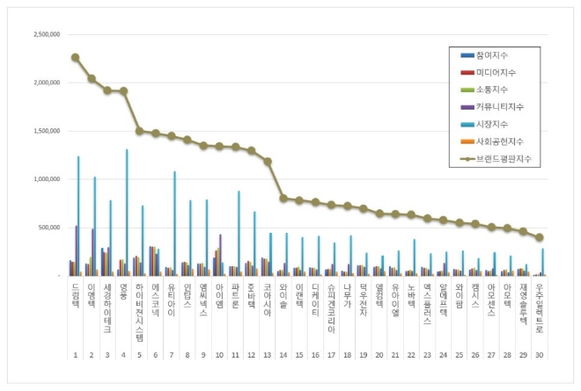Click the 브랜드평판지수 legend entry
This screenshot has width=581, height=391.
505,160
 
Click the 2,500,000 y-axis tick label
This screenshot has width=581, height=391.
45,35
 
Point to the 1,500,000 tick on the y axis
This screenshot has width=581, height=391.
45,131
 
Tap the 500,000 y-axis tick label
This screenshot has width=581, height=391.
48,228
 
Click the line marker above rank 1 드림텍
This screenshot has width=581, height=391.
75,57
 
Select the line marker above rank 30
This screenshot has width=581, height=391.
539,237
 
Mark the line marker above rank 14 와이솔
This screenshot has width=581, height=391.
283,199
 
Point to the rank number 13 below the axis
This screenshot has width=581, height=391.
267,355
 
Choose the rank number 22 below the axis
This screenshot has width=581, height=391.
411,355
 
